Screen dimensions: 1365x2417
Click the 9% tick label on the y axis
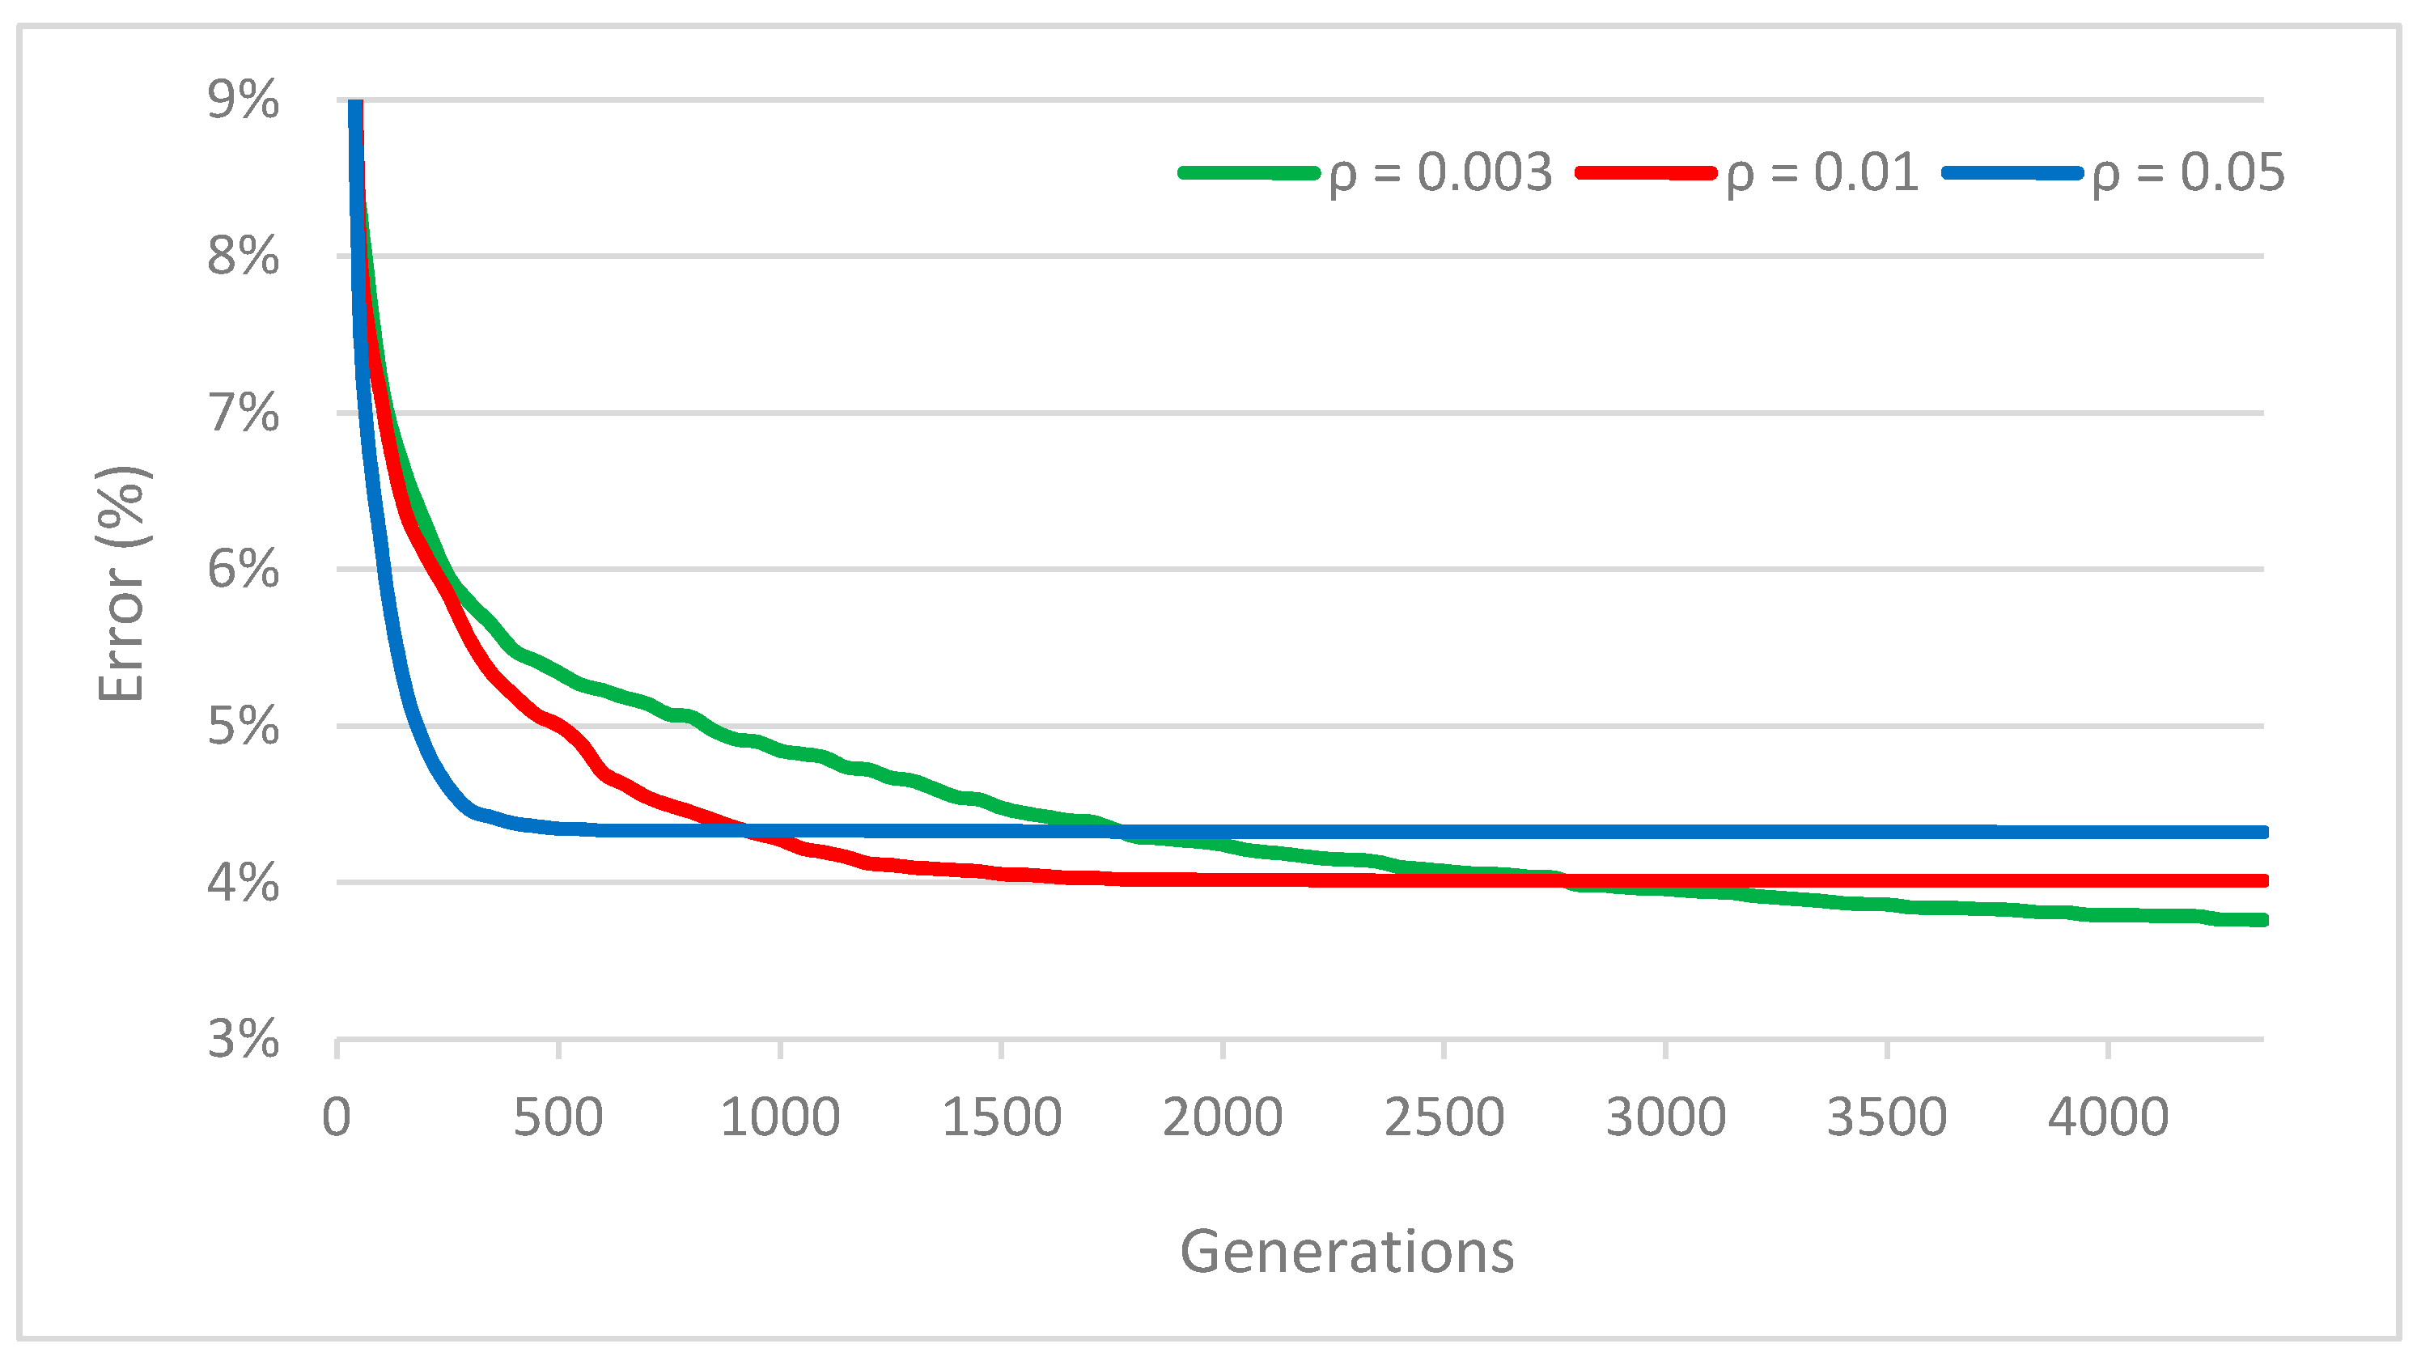[243, 100]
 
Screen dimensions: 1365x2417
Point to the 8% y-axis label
[243, 256]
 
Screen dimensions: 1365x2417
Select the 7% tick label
[243, 413]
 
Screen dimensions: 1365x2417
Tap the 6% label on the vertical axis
[243, 570]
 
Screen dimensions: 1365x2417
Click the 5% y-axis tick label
[243, 726]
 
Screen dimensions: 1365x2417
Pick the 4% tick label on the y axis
[243, 883]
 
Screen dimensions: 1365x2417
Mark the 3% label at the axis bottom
[243, 1040]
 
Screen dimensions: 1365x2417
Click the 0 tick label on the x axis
[337, 1117]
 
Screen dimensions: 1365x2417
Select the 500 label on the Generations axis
[558, 1117]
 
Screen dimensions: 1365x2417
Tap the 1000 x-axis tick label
[780, 1117]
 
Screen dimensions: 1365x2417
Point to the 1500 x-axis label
[1001, 1117]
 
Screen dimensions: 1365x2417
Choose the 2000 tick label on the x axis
[1223, 1117]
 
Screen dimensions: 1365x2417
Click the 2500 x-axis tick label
[1444, 1117]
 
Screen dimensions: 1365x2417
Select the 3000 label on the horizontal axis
[1665, 1117]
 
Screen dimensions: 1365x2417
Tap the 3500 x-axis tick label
[1887, 1117]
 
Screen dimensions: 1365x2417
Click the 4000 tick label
[2109, 1117]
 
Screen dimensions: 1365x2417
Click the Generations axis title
[1346, 1252]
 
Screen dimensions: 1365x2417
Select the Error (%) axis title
[122, 583]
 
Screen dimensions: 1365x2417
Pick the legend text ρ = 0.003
[1440, 173]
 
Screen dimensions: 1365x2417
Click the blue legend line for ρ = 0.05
[2012, 173]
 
